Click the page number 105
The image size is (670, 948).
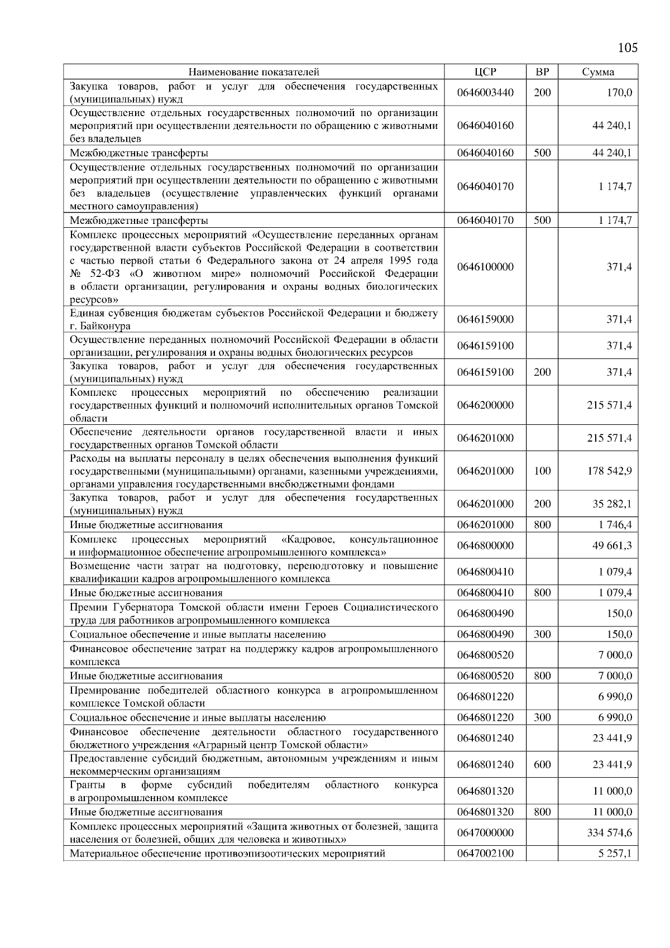click(x=628, y=47)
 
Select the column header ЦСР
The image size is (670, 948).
click(x=485, y=72)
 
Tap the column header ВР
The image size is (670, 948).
click(x=542, y=72)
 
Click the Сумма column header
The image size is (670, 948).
click(x=598, y=72)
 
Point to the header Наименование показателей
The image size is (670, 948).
click(x=253, y=72)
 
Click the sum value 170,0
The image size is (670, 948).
click(x=619, y=93)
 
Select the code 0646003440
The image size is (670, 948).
click(x=485, y=93)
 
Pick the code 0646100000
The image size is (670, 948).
click(x=485, y=267)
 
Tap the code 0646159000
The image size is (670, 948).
click(x=485, y=319)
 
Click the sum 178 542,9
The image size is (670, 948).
click(x=610, y=471)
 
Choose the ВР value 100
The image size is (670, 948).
click(x=542, y=471)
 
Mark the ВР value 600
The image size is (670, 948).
click(x=542, y=765)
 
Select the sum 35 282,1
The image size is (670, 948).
click(x=612, y=504)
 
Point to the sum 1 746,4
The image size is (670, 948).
click(x=615, y=525)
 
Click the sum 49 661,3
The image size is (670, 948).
click(x=612, y=545)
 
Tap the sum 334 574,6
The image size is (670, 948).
click(x=610, y=833)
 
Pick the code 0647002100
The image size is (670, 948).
click(x=485, y=854)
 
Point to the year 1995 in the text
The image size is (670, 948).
click(x=393, y=261)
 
